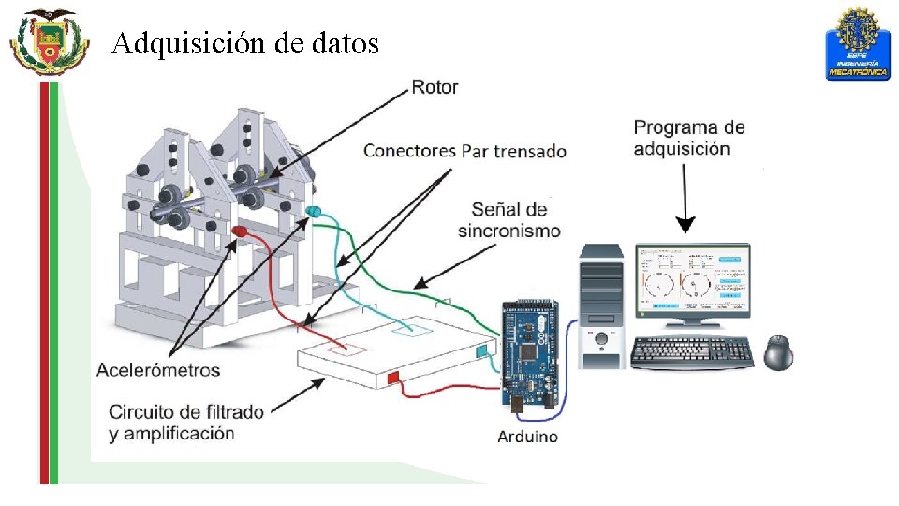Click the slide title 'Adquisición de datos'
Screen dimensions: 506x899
click(245, 43)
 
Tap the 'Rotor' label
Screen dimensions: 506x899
click(435, 87)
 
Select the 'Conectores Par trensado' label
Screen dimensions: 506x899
click(464, 151)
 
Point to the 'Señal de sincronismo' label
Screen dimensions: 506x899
click(509, 219)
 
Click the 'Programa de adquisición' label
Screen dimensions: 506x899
click(689, 137)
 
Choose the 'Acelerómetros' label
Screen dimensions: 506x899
click(158, 369)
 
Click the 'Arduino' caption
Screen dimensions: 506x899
click(527, 436)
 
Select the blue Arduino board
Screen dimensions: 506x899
click(529, 351)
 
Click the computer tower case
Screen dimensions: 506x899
click(601, 305)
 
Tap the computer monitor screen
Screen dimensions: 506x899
click(692, 278)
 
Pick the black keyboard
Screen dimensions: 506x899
click(692, 351)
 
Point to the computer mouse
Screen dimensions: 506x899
click(779, 351)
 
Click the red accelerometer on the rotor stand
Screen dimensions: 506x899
click(241, 230)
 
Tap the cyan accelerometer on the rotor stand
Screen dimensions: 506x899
click(313, 212)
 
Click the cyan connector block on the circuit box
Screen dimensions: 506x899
click(482, 350)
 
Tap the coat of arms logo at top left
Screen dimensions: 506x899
click(49, 42)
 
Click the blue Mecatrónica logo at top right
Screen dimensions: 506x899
click(857, 44)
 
